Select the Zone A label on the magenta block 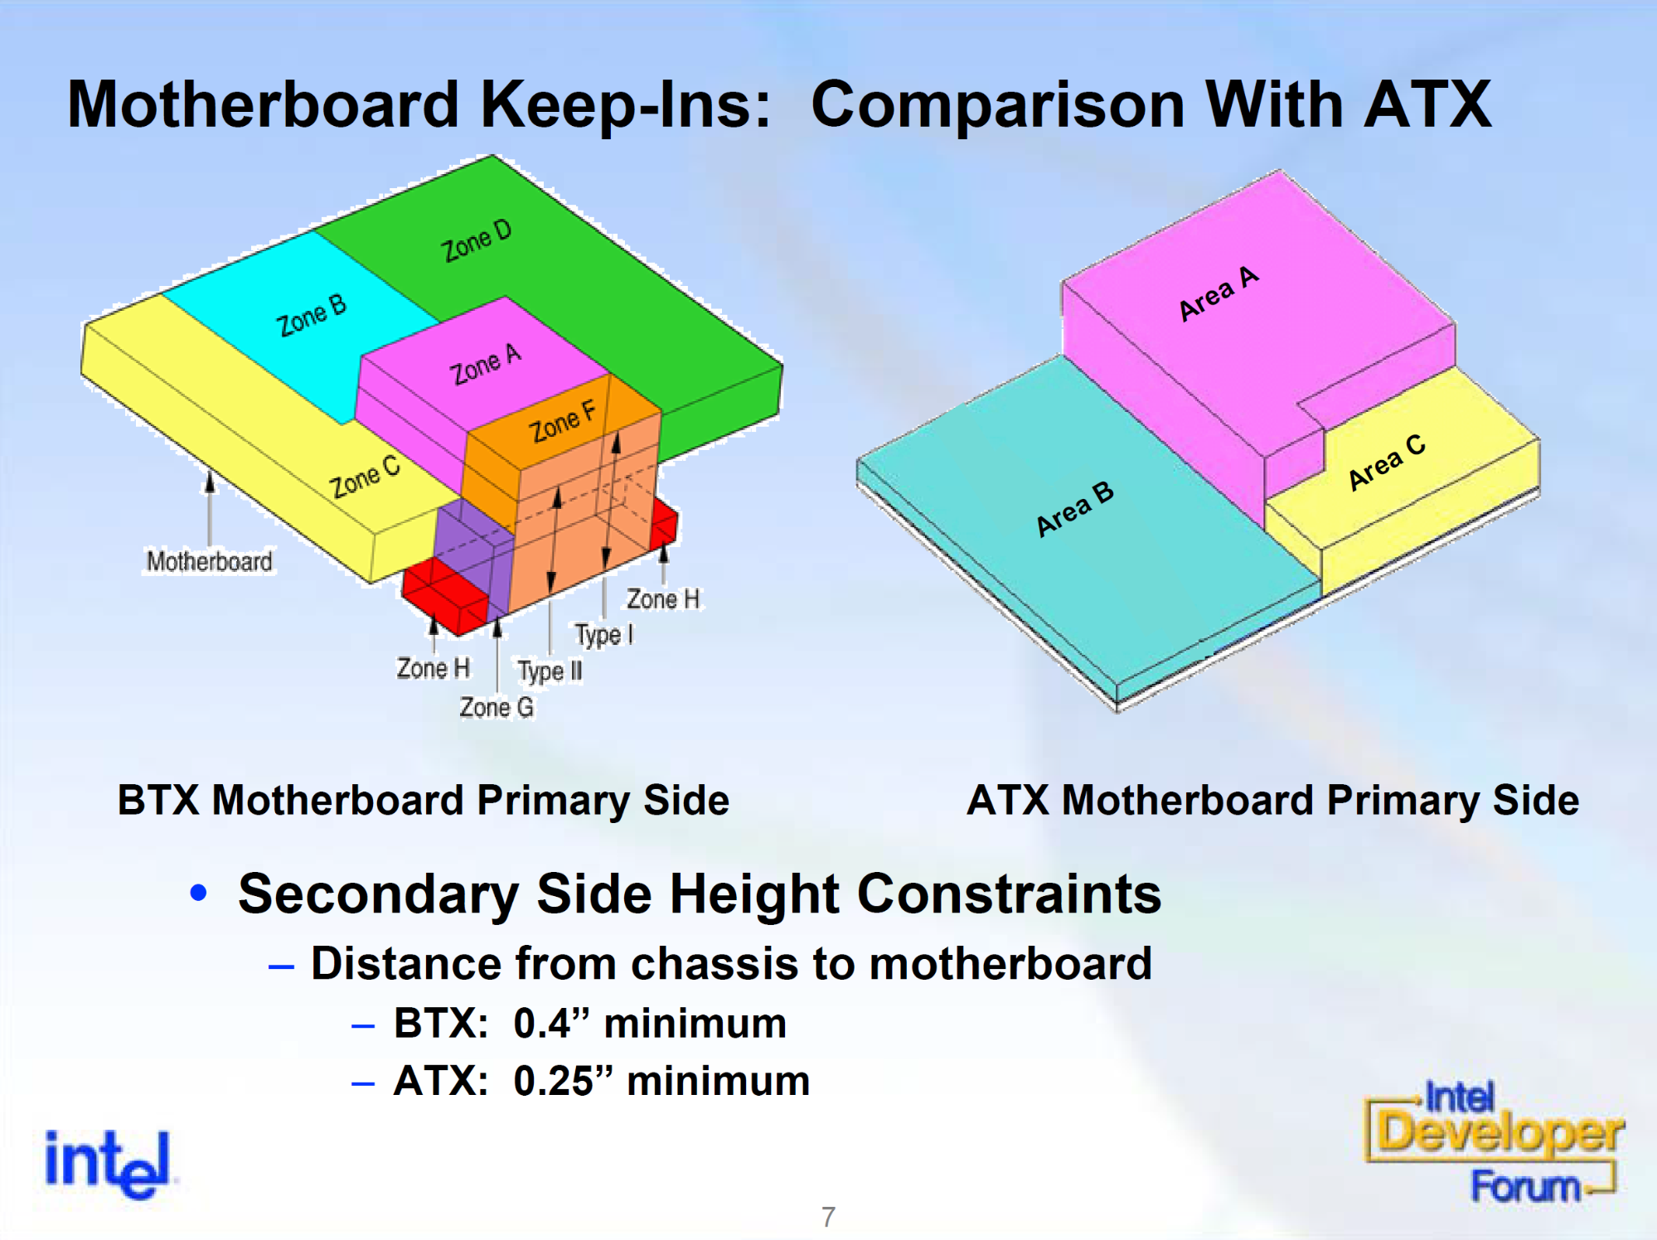(x=486, y=365)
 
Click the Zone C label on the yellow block (x=365, y=477)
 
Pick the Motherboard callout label (x=210, y=561)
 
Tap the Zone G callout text (x=497, y=707)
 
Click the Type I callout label (x=604, y=635)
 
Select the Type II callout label (x=550, y=671)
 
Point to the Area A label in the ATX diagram (x=1219, y=293)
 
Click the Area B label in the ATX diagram (x=1075, y=509)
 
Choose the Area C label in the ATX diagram (x=1386, y=462)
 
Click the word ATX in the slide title (x=1427, y=105)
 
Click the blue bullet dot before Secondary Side (x=198, y=893)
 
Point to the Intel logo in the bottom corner (x=108, y=1163)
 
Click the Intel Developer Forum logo (x=1495, y=1141)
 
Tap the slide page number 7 (x=828, y=1217)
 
